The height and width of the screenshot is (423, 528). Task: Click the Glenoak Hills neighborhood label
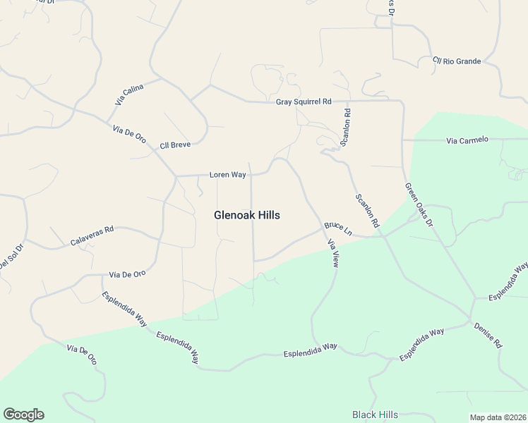246,215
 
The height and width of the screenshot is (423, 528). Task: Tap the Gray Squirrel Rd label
304,102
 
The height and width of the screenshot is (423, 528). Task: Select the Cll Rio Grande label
457,61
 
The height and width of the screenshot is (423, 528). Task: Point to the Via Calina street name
129,94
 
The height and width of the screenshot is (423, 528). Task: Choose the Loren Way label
227,173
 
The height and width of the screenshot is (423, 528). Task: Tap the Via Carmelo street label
467,140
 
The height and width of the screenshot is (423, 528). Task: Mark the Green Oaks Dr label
419,205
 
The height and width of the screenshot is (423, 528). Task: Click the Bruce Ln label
338,228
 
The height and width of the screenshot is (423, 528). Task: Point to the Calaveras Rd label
92,235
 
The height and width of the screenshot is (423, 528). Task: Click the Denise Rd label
488,334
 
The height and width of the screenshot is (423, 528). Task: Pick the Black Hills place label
375,415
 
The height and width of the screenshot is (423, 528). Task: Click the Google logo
23,415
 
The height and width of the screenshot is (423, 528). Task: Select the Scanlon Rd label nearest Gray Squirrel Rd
346,126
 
